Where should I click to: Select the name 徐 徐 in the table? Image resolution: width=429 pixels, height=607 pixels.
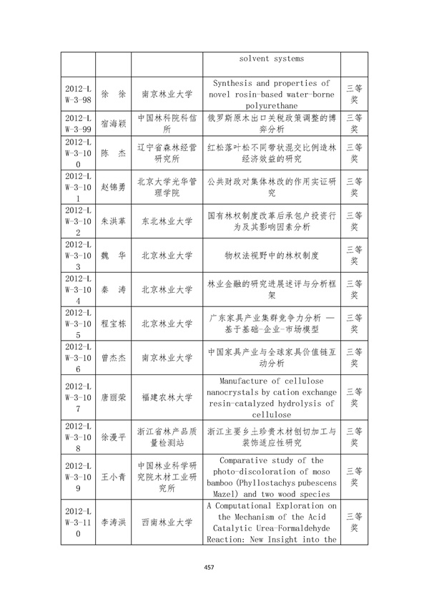pyautogui.click(x=113, y=93)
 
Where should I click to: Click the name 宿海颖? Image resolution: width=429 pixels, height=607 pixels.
pyautogui.click(x=113, y=124)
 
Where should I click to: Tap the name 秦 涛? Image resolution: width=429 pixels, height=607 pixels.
pyautogui.click(x=113, y=289)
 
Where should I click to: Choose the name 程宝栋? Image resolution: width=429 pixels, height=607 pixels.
pyautogui.click(x=113, y=324)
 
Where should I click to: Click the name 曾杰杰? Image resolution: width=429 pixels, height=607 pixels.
pyautogui.click(x=113, y=357)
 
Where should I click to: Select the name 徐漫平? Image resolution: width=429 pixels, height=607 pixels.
pyautogui.click(x=113, y=437)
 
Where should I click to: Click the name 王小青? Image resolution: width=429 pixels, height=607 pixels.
pyautogui.click(x=113, y=477)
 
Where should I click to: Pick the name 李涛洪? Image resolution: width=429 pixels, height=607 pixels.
pyautogui.click(x=113, y=523)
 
